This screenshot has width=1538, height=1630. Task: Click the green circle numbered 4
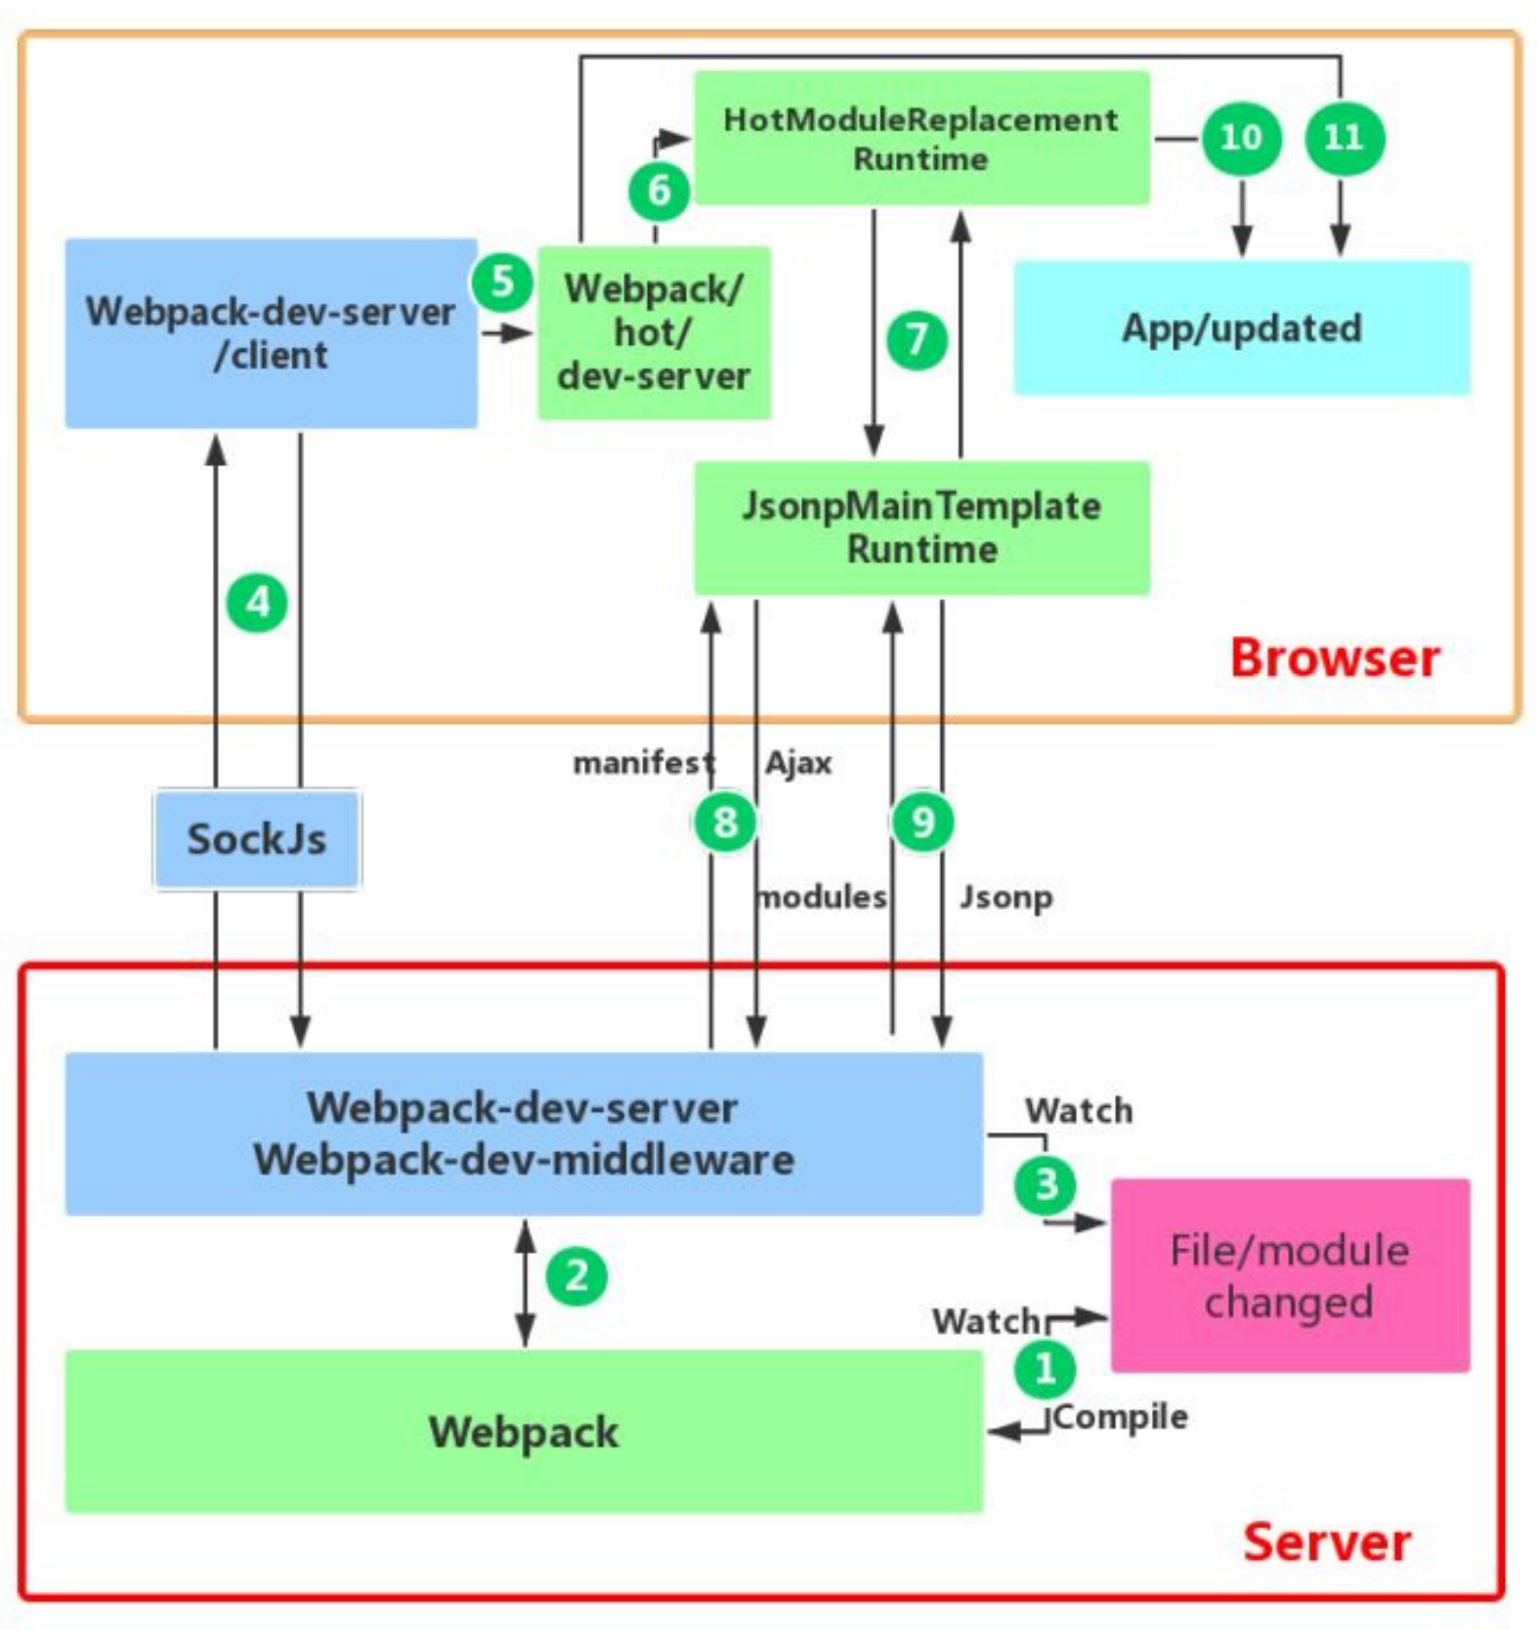[257, 603]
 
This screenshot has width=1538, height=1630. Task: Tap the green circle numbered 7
[917, 340]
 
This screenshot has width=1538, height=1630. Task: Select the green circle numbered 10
[1240, 137]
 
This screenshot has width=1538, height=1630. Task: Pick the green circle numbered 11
[1344, 137]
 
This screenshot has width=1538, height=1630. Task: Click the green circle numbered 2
[577, 1276]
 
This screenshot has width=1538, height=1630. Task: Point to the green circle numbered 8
[725, 822]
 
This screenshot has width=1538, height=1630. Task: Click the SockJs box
[257, 839]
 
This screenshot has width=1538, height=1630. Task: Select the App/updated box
[1241, 328]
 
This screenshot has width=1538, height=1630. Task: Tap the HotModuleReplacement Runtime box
[920, 138]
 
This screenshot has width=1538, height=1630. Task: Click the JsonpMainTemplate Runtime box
[920, 528]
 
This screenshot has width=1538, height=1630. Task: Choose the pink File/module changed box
[1289, 1275]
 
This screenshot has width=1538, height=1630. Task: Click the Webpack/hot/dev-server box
[654, 332]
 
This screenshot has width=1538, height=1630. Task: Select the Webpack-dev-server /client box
[271, 333]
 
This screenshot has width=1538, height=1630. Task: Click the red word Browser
[1334, 658]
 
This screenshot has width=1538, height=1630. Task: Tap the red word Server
[1326, 1542]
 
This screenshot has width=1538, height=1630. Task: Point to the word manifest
[642, 762]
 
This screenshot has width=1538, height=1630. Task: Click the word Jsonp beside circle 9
[1005, 896]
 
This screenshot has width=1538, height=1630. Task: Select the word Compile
[1121, 1416]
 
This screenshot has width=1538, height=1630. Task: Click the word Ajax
[798, 762]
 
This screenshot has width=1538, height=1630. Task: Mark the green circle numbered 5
[502, 281]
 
